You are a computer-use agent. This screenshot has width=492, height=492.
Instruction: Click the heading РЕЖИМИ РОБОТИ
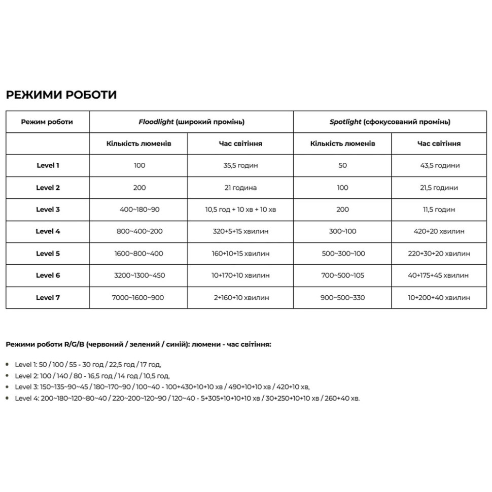(61, 95)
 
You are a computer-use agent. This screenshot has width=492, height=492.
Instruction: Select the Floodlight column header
(191, 122)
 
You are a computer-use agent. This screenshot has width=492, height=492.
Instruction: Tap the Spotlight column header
(390, 122)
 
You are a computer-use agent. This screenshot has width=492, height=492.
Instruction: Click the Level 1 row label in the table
(48, 165)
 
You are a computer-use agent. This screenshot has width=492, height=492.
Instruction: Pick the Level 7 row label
(48, 297)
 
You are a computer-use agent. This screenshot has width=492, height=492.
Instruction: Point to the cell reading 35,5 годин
(240, 165)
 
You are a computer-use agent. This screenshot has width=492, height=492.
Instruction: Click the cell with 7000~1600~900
(138, 297)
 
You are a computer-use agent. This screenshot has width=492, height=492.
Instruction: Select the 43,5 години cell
(439, 165)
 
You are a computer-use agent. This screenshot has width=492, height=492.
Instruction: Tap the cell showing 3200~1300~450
(138, 275)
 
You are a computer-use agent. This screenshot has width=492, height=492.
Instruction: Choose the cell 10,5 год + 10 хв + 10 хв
(240, 209)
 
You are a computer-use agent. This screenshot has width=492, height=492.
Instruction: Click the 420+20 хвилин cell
(439, 231)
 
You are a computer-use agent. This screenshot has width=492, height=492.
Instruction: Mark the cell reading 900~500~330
(342, 297)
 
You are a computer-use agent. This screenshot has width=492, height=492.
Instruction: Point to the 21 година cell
(240, 188)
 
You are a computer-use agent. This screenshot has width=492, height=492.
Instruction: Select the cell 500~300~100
(342, 254)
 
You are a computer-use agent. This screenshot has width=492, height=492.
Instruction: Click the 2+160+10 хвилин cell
(240, 297)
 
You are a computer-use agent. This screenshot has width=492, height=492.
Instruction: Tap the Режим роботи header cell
(48, 122)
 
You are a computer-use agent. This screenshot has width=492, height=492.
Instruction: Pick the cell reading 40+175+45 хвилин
(439, 275)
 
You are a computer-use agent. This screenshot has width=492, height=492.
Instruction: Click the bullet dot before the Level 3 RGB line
(7, 387)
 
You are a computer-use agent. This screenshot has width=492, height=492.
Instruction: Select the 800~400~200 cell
(138, 231)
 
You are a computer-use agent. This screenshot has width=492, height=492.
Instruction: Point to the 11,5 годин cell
(439, 209)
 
